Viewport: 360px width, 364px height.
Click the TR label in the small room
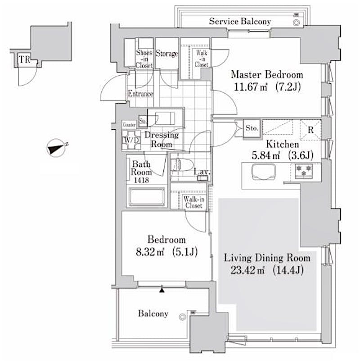(x=24, y=59)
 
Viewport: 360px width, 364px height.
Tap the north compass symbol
(x=56, y=148)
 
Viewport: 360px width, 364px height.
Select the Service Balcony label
(x=240, y=21)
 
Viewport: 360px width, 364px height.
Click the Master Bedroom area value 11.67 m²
(x=251, y=87)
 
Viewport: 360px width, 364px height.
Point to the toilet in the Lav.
(x=182, y=165)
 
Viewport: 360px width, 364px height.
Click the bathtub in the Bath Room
(x=147, y=196)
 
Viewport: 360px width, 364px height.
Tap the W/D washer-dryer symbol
(x=131, y=140)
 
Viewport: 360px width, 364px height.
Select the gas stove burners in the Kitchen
(x=304, y=171)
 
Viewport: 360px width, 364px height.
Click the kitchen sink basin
(x=264, y=172)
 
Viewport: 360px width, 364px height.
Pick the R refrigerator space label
(x=310, y=130)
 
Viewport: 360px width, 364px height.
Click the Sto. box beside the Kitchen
(x=252, y=128)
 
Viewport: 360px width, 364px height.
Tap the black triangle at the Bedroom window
(x=162, y=290)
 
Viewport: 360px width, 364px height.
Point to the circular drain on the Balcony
(x=182, y=317)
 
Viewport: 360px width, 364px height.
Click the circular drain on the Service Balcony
(x=297, y=23)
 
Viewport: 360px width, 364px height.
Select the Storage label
(x=166, y=54)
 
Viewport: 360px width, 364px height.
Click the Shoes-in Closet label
(x=144, y=59)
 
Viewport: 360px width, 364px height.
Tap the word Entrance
(x=140, y=94)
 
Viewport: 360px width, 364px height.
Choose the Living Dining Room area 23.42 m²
(x=247, y=270)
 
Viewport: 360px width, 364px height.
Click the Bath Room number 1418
(x=141, y=180)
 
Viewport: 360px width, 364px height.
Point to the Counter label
(x=129, y=125)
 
